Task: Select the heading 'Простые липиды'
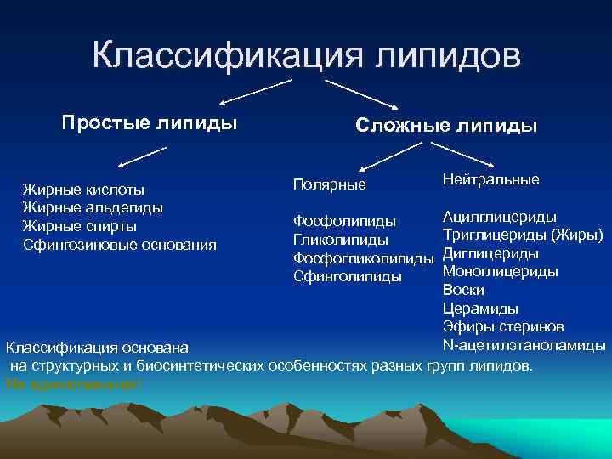coord(150,122)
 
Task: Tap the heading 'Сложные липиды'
coord(445,127)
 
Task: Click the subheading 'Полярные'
coord(329,184)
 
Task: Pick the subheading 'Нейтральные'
coord(490,180)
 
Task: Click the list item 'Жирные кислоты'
coord(82,189)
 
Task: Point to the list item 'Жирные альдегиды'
coord(93,207)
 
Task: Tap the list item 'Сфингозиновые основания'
coord(119,245)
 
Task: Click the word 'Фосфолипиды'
coord(344,222)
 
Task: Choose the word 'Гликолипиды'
coord(340,240)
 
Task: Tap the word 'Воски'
coord(464,290)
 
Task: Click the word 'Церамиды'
coord(480,309)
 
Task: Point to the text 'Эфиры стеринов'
coord(502,327)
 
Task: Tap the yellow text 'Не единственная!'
coord(73,384)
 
